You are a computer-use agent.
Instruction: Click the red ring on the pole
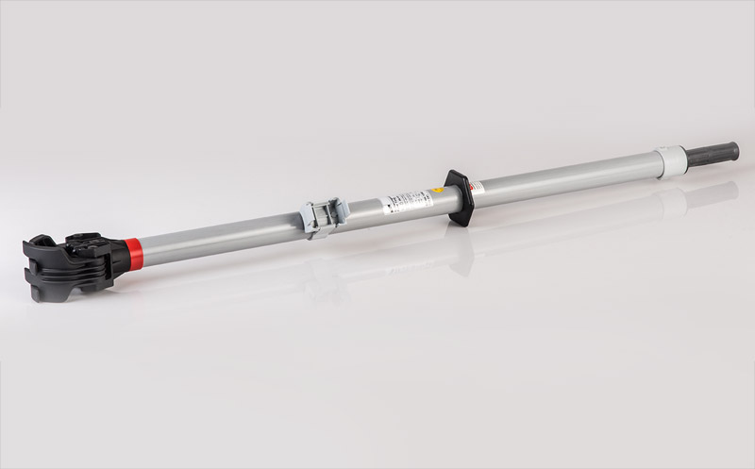[x=134, y=251]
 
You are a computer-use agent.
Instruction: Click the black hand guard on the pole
[x=460, y=196]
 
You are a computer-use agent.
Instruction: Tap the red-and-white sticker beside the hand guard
[x=478, y=188]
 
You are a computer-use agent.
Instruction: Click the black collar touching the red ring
[x=118, y=252]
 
